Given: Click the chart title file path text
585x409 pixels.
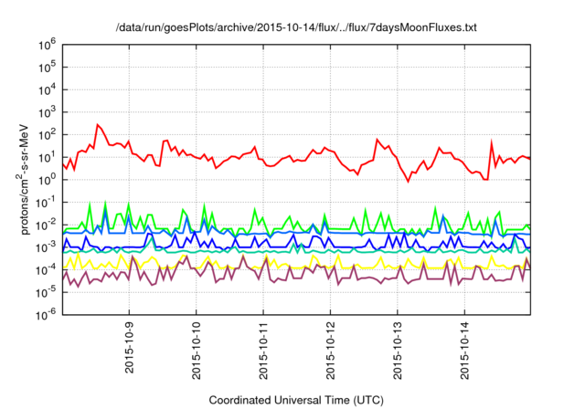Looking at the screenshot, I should [296, 27].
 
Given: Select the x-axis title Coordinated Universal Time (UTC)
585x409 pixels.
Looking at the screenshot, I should [296, 400].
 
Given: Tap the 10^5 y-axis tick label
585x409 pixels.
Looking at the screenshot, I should [48, 67].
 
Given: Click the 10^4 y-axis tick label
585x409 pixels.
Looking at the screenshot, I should [48, 89].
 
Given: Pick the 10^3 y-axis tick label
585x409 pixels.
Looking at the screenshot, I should [48, 111].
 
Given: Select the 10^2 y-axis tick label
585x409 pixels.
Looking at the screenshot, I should [48, 134].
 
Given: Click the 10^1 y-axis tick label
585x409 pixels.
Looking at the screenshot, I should [48, 157].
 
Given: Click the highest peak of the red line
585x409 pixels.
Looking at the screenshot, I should [98, 124].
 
